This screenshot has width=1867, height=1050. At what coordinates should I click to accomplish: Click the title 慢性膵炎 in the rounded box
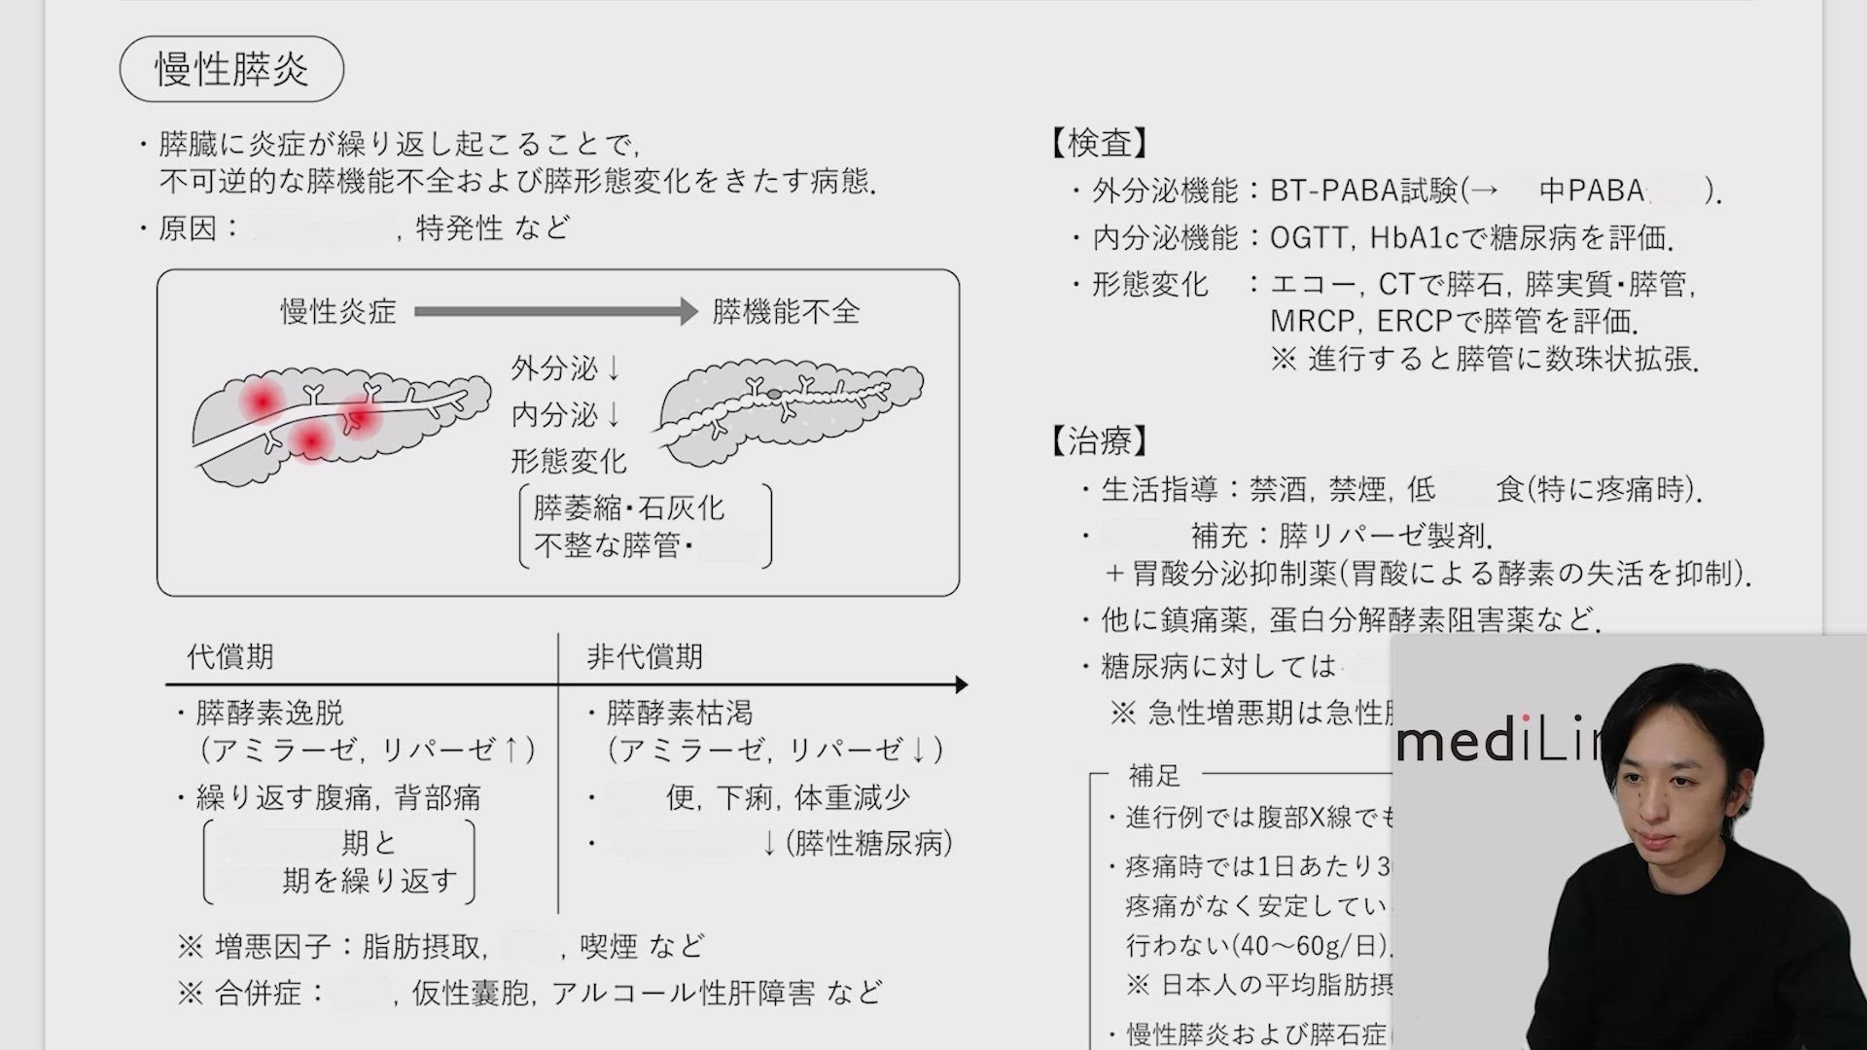coord(231,70)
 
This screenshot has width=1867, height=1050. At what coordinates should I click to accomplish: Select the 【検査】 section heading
coord(1099,144)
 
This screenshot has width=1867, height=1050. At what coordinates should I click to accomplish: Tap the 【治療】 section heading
coord(1099,441)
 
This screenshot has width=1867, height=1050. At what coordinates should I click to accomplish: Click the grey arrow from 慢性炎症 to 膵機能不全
coord(555,312)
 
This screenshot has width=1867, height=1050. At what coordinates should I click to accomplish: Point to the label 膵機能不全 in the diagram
coord(786,312)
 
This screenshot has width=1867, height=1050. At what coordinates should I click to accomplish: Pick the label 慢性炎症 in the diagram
coord(338,312)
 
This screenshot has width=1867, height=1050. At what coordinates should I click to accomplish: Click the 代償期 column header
coord(230,657)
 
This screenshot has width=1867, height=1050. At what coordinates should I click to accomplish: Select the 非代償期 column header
coord(644,657)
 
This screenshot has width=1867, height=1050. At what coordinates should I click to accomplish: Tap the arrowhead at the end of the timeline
coord(961,684)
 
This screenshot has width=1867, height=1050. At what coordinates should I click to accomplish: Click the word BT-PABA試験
coord(1364,191)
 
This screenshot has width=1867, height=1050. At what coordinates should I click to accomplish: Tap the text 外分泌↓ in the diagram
coord(566,368)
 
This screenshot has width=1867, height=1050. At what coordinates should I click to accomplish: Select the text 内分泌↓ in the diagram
coord(566,415)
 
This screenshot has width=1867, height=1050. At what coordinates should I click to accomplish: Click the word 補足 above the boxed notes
coord(1154,776)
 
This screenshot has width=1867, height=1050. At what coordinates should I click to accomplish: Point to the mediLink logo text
coord(1497,744)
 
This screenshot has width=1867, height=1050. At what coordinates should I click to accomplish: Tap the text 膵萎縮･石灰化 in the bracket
coord(628,508)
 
